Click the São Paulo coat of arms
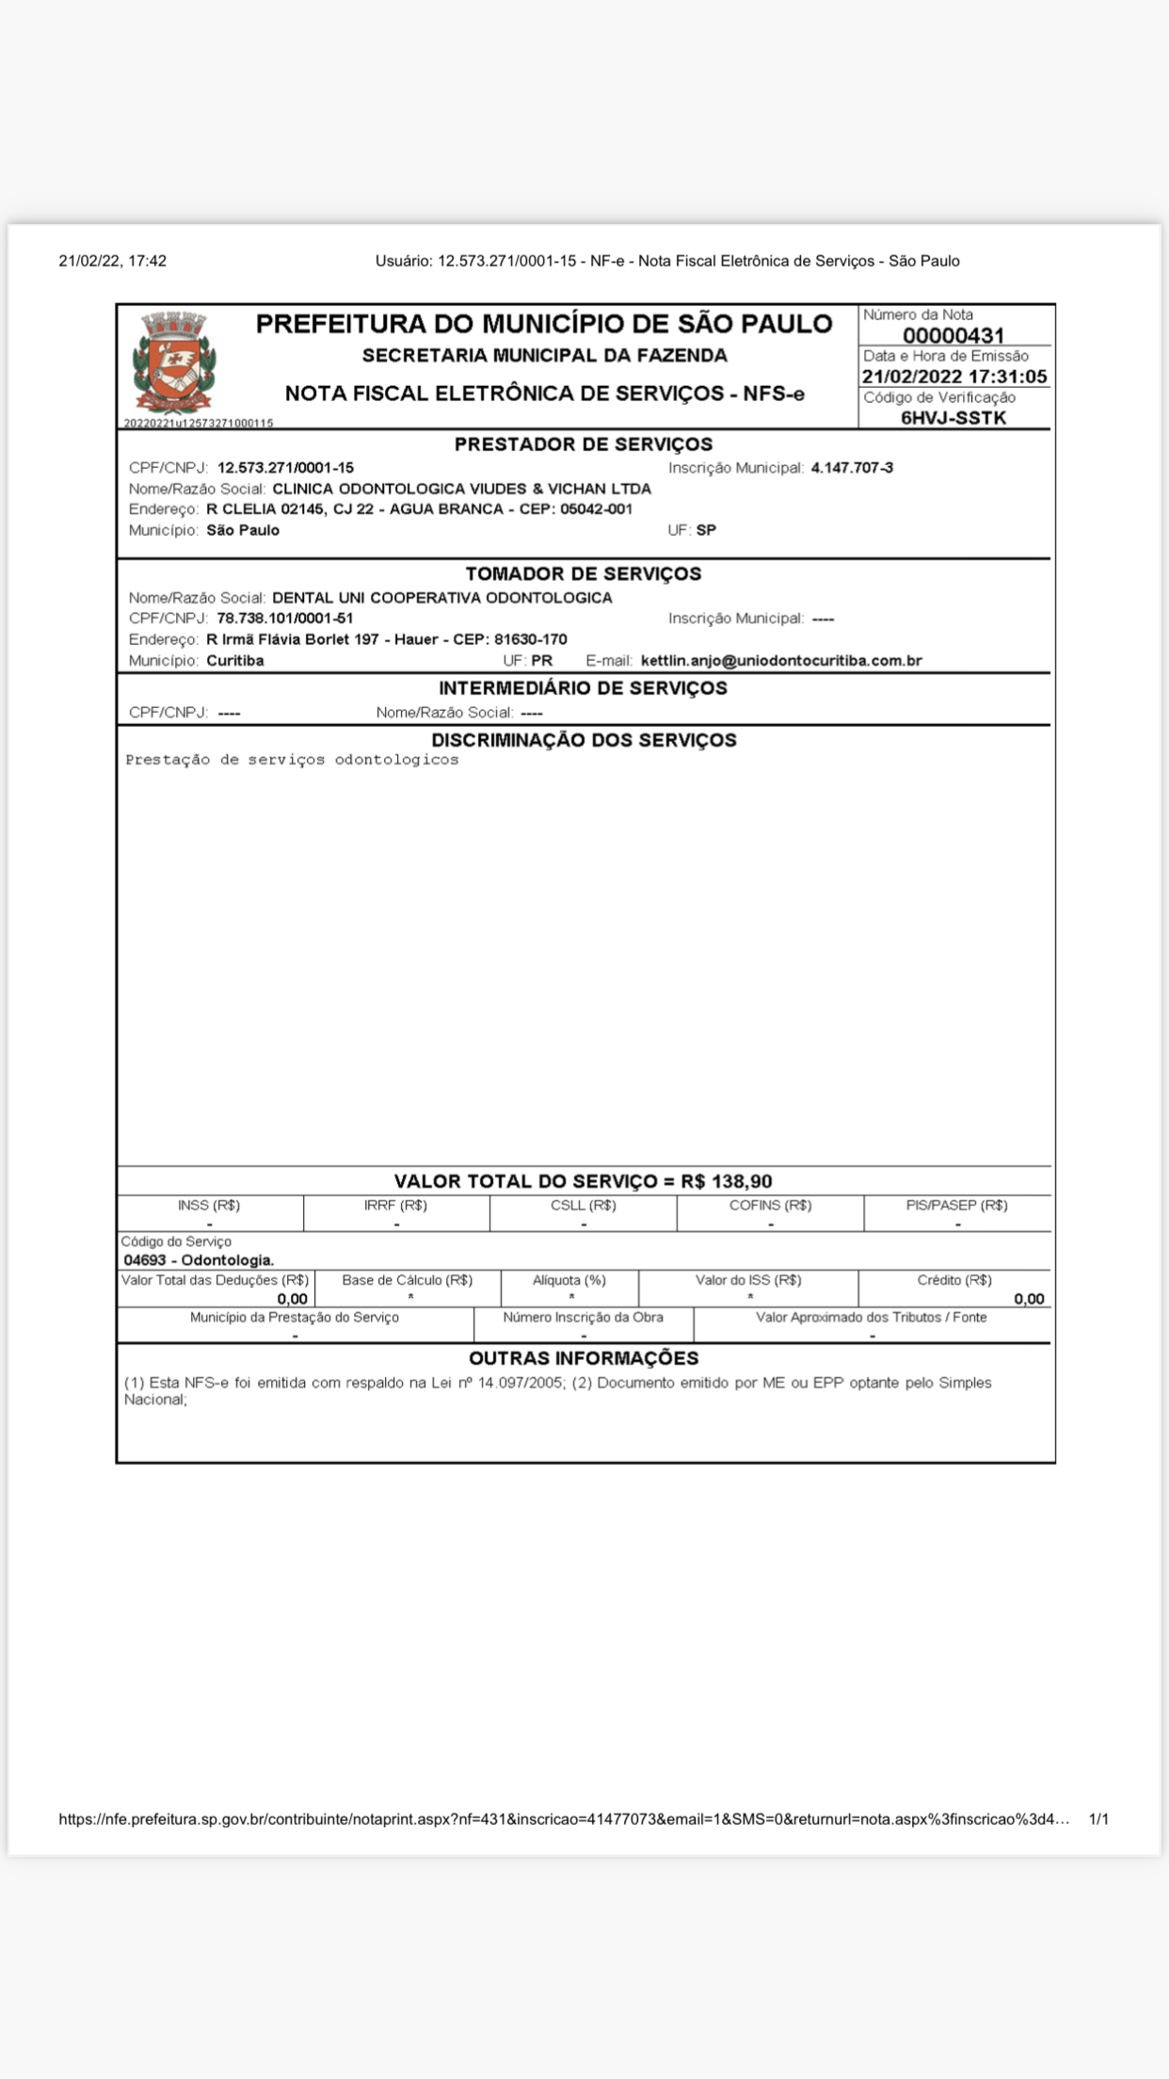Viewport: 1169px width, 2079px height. click(x=174, y=363)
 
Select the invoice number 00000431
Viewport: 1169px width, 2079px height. click(x=953, y=335)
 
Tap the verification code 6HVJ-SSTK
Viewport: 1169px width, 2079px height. click(x=953, y=418)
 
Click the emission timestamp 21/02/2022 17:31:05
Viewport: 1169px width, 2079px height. click(x=954, y=377)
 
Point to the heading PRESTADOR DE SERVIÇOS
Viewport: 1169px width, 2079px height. click(x=584, y=444)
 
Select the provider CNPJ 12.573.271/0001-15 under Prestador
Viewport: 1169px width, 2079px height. click(x=285, y=468)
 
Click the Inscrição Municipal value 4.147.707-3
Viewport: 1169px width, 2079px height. click(x=852, y=468)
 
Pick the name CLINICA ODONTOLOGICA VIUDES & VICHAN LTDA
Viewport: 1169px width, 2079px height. click(x=461, y=489)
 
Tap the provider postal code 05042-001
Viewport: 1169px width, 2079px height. click(x=597, y=509)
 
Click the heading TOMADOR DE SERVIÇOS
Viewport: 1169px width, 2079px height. click(x=584, y=573)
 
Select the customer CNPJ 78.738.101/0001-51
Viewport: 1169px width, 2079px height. click(x=285, y=619)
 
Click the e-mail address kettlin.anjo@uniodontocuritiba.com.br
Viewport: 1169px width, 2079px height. click(x=781, y=661)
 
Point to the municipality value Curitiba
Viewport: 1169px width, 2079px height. click(x=235, y=661)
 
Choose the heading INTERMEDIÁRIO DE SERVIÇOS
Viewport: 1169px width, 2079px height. click(x=584, y=688)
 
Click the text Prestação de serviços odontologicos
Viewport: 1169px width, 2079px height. click(x=292, y=760)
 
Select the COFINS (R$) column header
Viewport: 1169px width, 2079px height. click(x=770, y=1205)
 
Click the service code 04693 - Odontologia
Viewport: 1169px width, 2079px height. click(x=199, y=1260)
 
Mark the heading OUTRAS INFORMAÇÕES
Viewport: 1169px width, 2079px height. click(x=584, y=1358)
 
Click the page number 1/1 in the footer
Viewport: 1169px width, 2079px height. click(x=1098, y=1819)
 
